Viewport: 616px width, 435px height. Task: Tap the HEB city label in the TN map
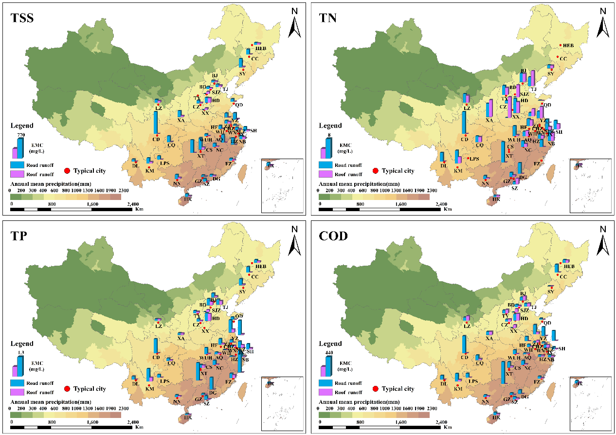coord(569,46)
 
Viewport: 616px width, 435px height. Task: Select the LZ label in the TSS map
coord(159,108)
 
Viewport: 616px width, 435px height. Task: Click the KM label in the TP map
coord(150,389)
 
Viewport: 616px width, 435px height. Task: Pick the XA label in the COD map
coord(489,338)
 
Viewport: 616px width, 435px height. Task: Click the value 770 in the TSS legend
coord(21,134)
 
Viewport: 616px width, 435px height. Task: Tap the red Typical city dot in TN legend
coord(375,171)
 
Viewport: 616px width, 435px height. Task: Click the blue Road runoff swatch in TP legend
coord(18,383)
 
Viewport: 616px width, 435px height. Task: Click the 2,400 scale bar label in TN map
coord(441,205)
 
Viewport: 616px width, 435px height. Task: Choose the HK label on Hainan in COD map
coord(496,417)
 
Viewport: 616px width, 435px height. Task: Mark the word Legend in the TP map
coord(22,344)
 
